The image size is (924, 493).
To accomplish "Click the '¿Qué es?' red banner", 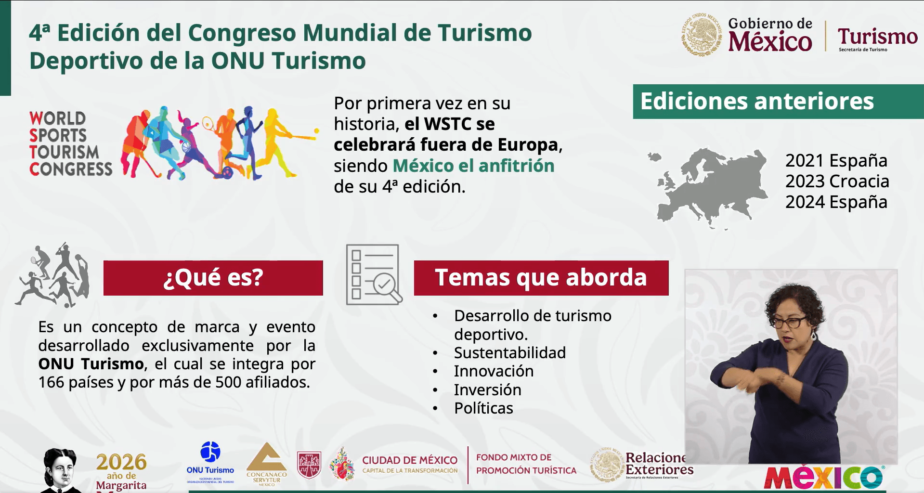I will click(x=213, y=278).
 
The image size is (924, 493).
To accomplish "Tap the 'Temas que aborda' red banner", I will click(x=541, y=278).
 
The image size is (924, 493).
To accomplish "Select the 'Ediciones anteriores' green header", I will click(x=778, y=102).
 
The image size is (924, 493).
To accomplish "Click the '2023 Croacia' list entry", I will click(x=837, y=182).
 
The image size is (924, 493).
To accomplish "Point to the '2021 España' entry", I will click(x=836, y=160).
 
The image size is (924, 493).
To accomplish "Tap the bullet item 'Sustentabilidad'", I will click(x=509, y=353).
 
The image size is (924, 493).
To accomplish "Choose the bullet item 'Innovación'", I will click(x=494, y=371).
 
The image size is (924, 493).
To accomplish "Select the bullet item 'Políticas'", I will click(x=483, y=408).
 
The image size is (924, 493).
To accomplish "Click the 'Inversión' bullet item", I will click(x=487, y=390).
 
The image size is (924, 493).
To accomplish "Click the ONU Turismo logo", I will click(x=210, y=462).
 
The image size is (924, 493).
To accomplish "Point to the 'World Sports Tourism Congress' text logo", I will click(x=70, y=143).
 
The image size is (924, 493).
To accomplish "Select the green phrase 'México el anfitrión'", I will click(x=473, y=166).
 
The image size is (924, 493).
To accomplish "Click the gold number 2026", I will click(x=121, y=462).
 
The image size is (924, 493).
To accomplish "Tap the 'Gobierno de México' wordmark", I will click(x=769, y=35).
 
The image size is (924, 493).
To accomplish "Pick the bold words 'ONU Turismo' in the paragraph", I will click(x=91, y=364).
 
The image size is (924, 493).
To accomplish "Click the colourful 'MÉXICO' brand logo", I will click(x=824, y=477).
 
